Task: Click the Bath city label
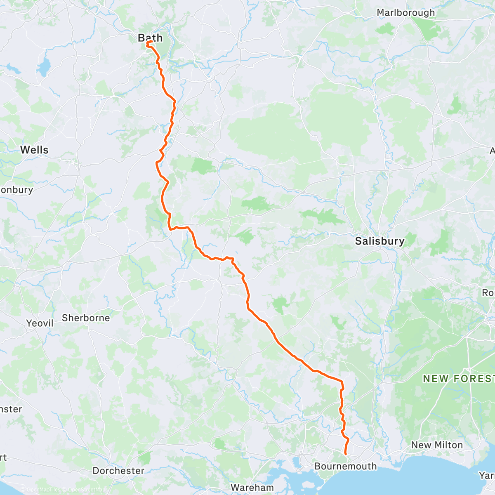(x=150, y=38)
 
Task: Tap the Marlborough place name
(x=405, y=13)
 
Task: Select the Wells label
(x=34, y=150)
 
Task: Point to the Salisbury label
(x=379, y=241)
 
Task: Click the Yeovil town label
(x=40, y=323)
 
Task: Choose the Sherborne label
(x=86, y=318)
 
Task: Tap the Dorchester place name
(x=118, y=471)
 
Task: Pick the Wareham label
(x=252, y=487)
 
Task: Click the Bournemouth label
(x=345, y=467)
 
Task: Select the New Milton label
(x=437, y=445)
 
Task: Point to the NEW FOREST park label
(x=458, y=379)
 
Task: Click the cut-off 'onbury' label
(x=16, y=190)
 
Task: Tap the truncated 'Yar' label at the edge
(x=487, y=476)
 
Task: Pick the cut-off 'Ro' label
(x=488, y=292)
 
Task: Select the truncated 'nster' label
(x=11, y=409)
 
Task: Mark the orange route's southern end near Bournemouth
(x=345, y=454)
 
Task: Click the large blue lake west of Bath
(x=44, y=67)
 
